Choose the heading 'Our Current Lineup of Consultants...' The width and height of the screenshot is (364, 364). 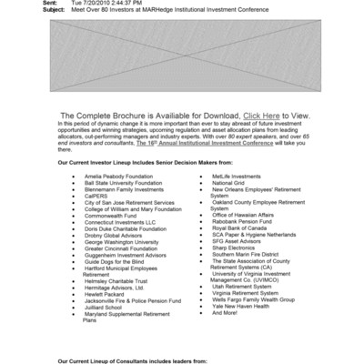[132, 360]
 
